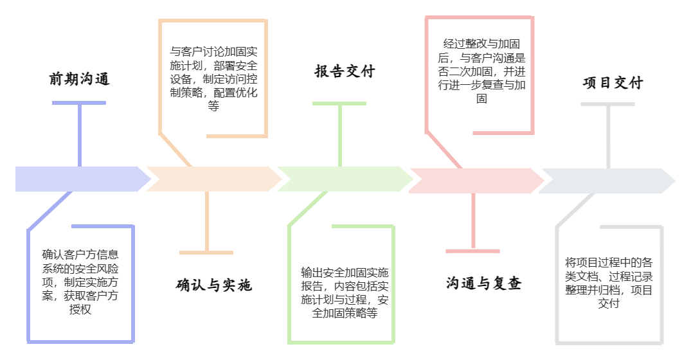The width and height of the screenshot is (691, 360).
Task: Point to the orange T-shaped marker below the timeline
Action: pyautogui.click(x=206, y=225)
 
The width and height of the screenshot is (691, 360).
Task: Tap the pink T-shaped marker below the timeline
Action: pyautogui.click(x=473, y=225)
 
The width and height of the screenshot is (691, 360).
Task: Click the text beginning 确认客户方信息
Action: pyautogui.click(x=80, y=281)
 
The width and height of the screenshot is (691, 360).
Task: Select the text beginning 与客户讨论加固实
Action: pyautogui.click(x=213, y=78)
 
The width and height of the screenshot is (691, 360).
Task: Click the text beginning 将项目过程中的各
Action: pyautogui.click(x=609, y=283)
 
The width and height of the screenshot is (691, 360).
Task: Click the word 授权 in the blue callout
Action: pyautogui.click(x=80, y=310)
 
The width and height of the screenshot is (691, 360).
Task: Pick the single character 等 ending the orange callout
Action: pyautogui.click(x=213, y=107)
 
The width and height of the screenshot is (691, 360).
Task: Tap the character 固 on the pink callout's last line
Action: pyautogui.click(x=481, y=100)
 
